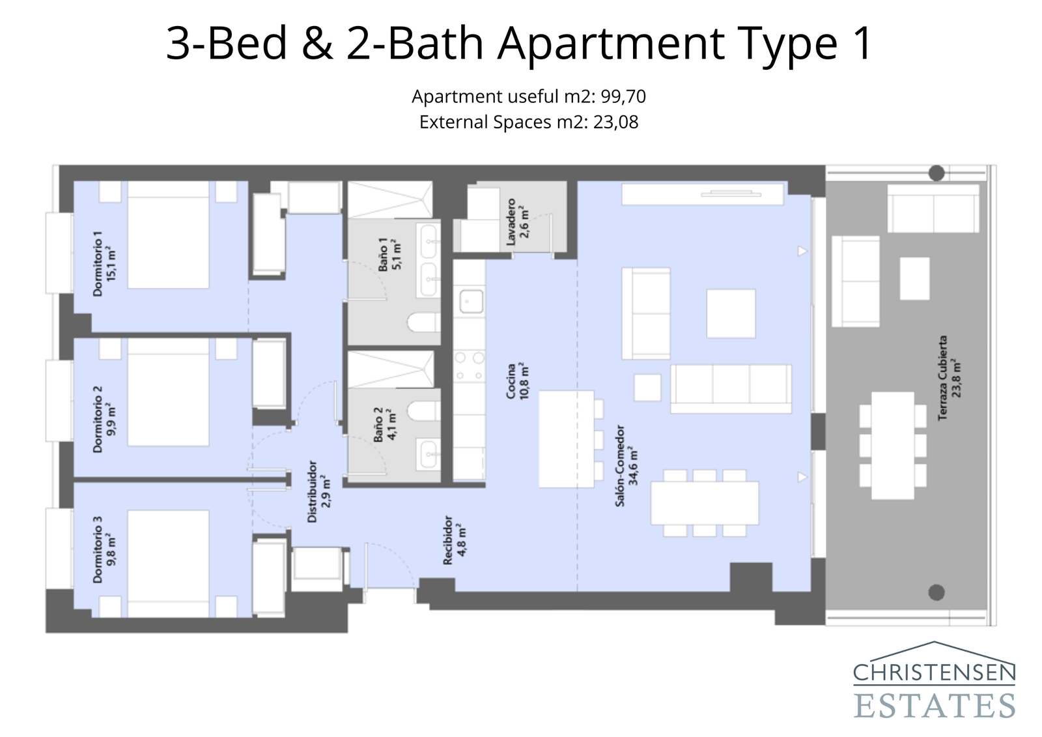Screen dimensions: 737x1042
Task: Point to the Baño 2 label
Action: [x=385, y=424]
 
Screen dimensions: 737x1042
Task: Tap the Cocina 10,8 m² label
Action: [x=518, y=381]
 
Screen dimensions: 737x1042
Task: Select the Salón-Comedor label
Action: [x=626, y=465]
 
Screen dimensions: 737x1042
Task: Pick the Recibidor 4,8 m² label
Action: [x=454, y=540]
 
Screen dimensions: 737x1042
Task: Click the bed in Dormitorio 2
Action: [x=168, y=392]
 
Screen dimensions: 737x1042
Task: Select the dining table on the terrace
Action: [x=892, y=446]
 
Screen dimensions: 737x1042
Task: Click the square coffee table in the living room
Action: [x=731, y=313]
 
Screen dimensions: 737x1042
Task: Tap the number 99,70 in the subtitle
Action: [x=623, y=96]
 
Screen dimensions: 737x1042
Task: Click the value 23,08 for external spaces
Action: [x=615, y=122]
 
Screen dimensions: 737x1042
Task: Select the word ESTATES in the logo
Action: [x=934, y=706]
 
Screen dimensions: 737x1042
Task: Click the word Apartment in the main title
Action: [x=611, y=44]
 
